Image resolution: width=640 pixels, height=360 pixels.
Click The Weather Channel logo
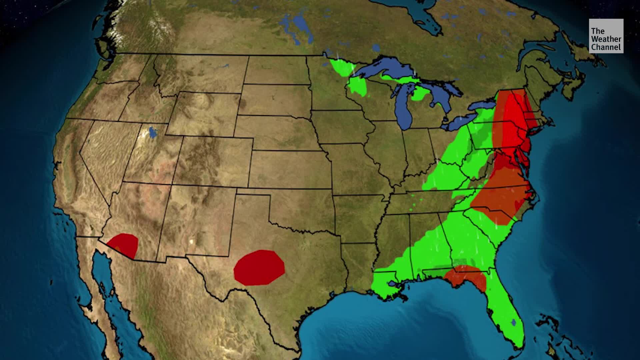pyautogui.click(x=606, y=36)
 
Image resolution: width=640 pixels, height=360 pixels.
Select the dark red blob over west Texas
pyautogui.click(x=259, y=268)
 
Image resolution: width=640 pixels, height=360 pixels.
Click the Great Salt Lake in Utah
pyautogui.click(x=153, y=132)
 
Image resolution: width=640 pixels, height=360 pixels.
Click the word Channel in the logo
pyautogui.click(x=606, y=47)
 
